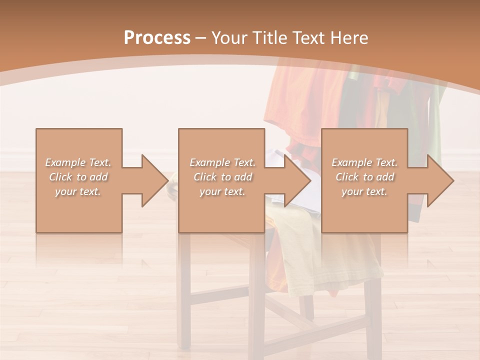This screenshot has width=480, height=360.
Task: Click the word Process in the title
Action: tap(157, 38)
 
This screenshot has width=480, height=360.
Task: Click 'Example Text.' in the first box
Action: tap(78, 162)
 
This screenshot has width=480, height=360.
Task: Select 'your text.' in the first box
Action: tap(78, 191)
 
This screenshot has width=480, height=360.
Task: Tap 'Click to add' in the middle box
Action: tap(222, 177)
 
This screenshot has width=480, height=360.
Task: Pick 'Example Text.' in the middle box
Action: tap(222, 162)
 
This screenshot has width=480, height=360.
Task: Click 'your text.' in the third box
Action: tap(364, 191)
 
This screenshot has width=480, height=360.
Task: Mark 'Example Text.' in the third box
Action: tap(364, 162)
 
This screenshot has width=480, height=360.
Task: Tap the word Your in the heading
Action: tap(228, 38)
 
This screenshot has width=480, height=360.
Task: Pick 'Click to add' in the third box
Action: tap(364, 177)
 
